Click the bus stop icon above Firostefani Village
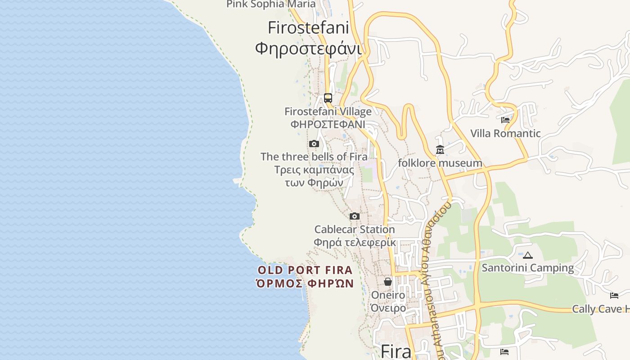coord(328,98)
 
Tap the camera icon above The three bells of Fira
coord(314,144)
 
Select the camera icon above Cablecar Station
coord(355,216)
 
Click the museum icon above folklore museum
coord(440,149)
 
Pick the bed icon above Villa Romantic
coord(505,120)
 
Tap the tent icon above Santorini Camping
coord(528,255)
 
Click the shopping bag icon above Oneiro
coord(388,282)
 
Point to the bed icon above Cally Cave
coord(614,296)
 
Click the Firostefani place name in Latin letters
coord(308,28)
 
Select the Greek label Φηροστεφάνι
coord(308,48)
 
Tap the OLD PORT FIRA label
coord(305,270)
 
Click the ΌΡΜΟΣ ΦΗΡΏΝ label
coord(305,283)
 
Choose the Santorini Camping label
coord(528,268)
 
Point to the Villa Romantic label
coord(505,133)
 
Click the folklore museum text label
coord(440,163)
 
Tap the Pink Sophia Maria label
coord(271,4)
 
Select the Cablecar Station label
coord(355,229)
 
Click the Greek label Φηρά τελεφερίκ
coord(355,243)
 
